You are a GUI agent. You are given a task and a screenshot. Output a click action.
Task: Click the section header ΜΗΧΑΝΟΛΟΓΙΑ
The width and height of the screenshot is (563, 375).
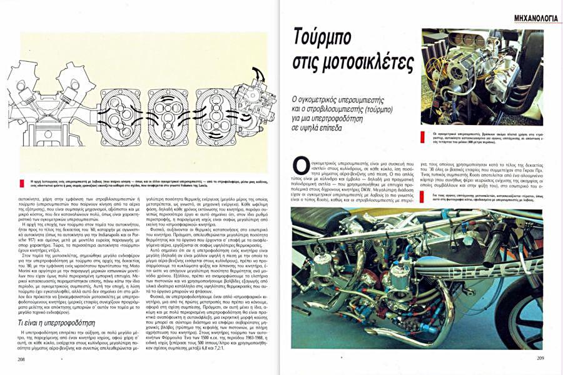coord(530,18)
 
